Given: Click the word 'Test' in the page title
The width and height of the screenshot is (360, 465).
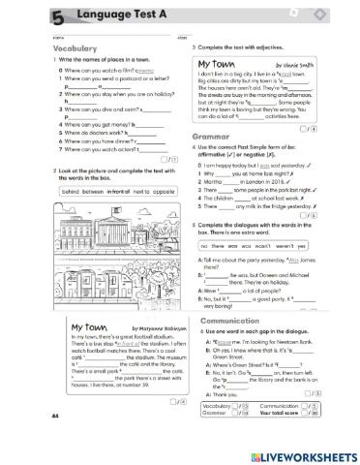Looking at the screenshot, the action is pos(124,14).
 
